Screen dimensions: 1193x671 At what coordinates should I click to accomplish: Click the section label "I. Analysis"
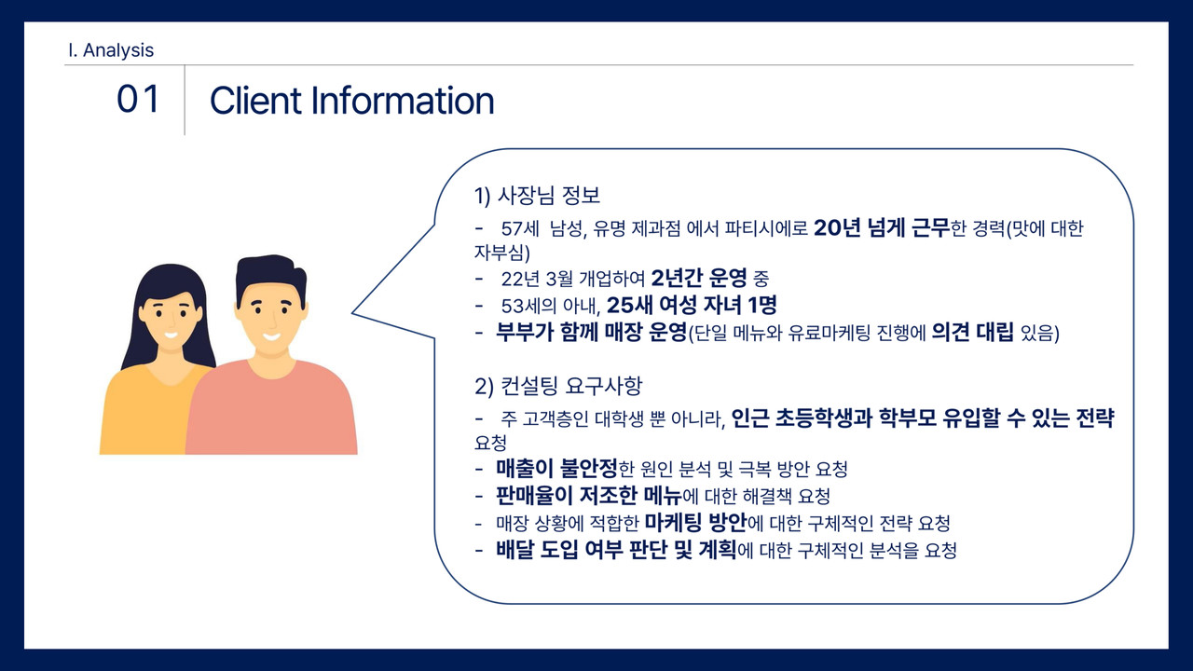coord(111,50)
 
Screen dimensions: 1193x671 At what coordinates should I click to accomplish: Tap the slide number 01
coord(138,99)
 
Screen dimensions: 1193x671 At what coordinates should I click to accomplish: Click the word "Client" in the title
coord(255,100)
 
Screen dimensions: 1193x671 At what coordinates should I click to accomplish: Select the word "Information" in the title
coord(403,100)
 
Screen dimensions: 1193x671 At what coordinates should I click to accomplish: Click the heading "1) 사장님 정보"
coord(537,196)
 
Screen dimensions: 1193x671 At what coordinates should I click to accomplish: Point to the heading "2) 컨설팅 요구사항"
coord(558,386)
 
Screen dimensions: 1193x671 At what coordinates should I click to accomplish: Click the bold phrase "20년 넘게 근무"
coord(882,228)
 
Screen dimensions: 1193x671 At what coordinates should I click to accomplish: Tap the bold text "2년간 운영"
coord(699,278)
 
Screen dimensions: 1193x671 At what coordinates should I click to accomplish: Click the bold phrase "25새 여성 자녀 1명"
coord(692,305)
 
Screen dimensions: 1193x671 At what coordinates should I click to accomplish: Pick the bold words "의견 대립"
coord(972,333)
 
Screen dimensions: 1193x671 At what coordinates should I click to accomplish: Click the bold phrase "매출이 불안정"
coord(556,468)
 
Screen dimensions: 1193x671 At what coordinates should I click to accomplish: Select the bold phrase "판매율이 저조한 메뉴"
coord(588,495)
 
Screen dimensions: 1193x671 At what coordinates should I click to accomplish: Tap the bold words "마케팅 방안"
coord(695,523)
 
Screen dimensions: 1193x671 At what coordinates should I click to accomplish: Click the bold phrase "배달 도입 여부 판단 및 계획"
coord(616,550)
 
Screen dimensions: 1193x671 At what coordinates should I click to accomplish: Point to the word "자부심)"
coord(501,253)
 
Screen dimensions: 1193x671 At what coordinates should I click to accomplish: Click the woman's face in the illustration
coord(171,319)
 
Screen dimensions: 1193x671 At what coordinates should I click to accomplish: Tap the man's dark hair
coord(270,277)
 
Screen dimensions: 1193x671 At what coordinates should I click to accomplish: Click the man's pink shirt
coord(271,410)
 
